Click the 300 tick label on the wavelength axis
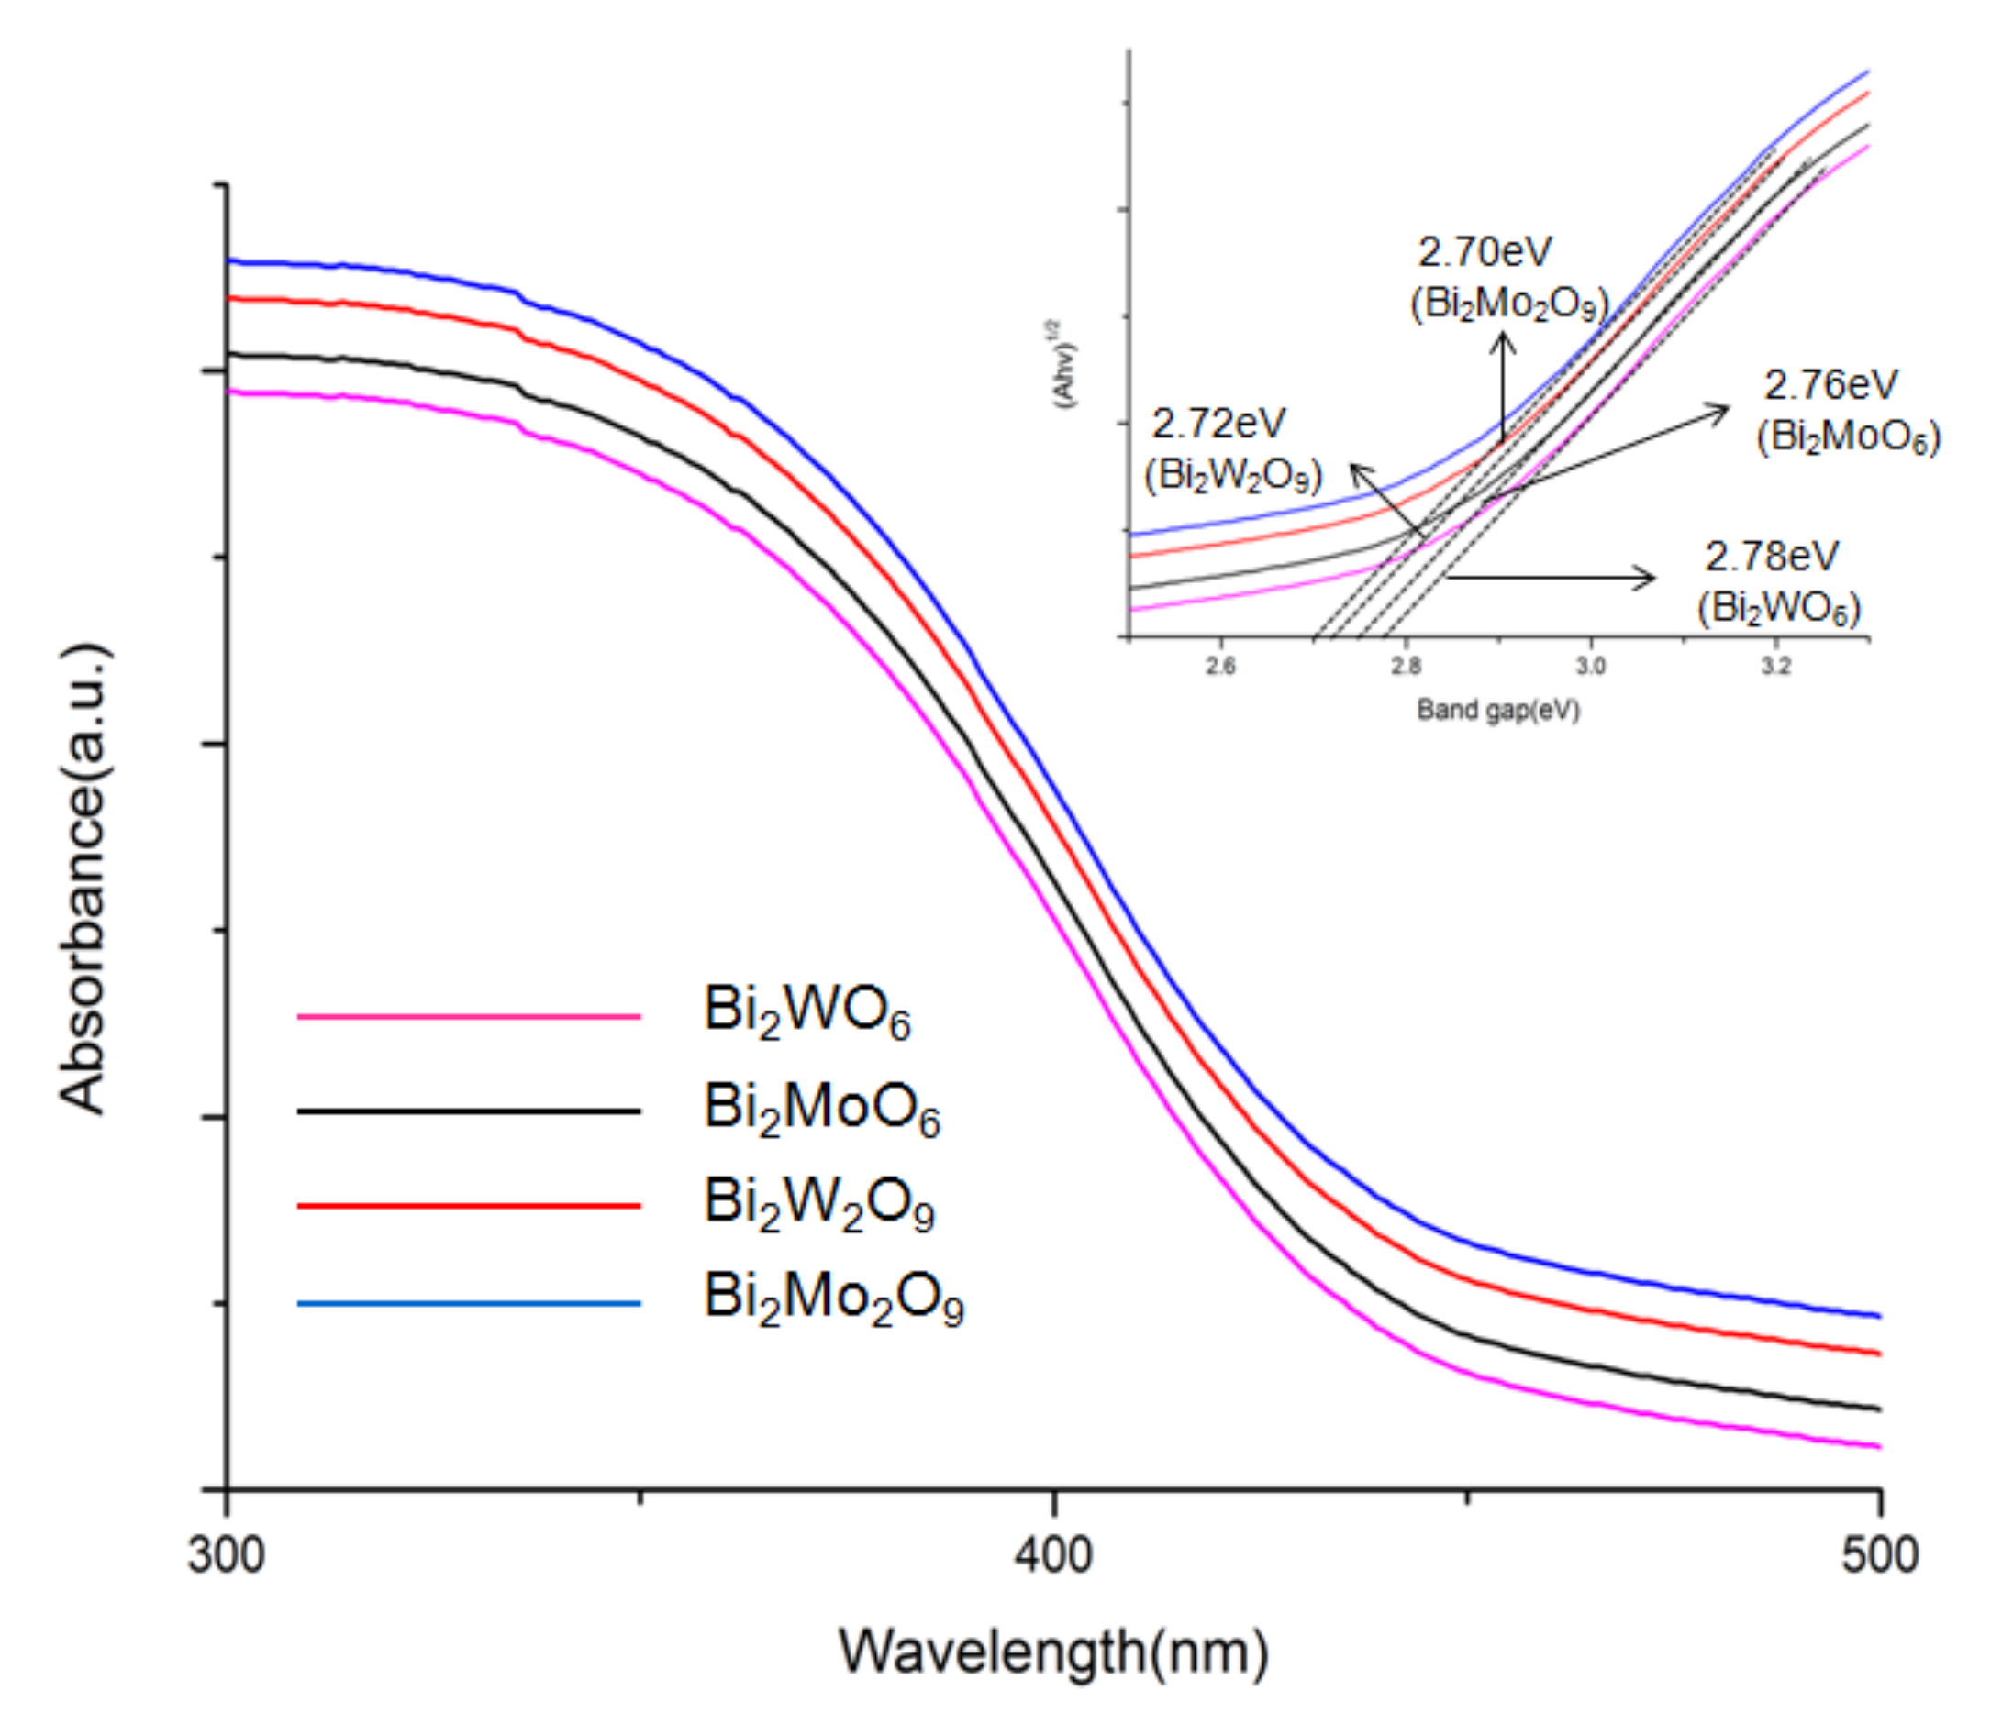(x=226, y=1556)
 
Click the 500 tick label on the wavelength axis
(x=1879, y=1556)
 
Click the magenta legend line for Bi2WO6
(x=469, y=1017)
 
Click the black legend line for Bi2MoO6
(x=469, y=1111)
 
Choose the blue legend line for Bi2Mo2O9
(x=469, y=1303)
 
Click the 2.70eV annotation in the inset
(x=1484, y=253)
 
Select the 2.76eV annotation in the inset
(x=1830, y=385)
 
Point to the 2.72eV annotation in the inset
(x=1218, y=424)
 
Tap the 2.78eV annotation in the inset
(x=1771, y=557)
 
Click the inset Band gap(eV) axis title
(x=1497, y=710)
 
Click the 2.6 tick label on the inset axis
(x=1220, y=667)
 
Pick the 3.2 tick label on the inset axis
(x=1775, y=667)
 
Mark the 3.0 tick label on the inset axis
(x=1590, y=667)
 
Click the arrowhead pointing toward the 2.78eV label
(x=1646, y=578)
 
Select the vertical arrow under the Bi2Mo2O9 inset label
(x=1502, y=387)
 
